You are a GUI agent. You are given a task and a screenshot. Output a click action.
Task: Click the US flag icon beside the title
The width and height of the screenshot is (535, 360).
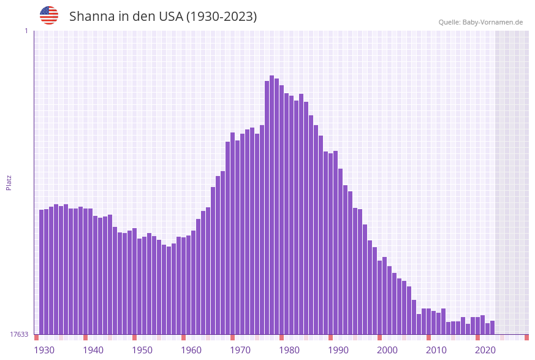(x=49, y=15)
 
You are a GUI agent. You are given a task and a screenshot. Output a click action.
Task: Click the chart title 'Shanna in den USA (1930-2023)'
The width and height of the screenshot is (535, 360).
(x=163, y=17)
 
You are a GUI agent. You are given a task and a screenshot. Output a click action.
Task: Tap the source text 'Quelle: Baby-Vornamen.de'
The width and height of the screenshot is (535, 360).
(x=480, y=22)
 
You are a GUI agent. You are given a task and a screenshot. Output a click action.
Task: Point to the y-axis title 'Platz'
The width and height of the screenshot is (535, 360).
(x=9, y=182)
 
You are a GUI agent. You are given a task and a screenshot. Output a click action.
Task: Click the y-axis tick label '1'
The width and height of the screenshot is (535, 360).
(x=26, y=31)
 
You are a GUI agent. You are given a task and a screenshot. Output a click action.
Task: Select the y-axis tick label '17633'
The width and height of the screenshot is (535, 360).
(x=19, y=334)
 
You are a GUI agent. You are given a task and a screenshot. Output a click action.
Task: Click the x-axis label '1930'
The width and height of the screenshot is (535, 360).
(x=44, y=350)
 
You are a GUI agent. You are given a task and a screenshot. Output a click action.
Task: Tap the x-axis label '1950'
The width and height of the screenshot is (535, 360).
(x=142, y=350)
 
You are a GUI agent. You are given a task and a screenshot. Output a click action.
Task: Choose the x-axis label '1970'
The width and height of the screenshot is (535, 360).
(x=240, y=350)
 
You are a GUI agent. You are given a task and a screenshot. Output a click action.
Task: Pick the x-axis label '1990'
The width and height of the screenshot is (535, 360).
(x=338, y=350)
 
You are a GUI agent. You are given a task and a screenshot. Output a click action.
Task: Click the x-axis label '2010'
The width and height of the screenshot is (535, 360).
(x=436, y=350)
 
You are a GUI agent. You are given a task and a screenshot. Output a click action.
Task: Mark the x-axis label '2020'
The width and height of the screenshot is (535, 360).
(x=485, y=350)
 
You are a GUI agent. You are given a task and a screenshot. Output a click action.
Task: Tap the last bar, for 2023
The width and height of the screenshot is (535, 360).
(x=493, y=327)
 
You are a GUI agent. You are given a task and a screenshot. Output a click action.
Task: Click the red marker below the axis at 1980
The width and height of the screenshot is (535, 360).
(x=282, y=337)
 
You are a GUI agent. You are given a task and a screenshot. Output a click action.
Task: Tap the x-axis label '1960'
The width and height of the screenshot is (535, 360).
(x=191, y=350)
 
